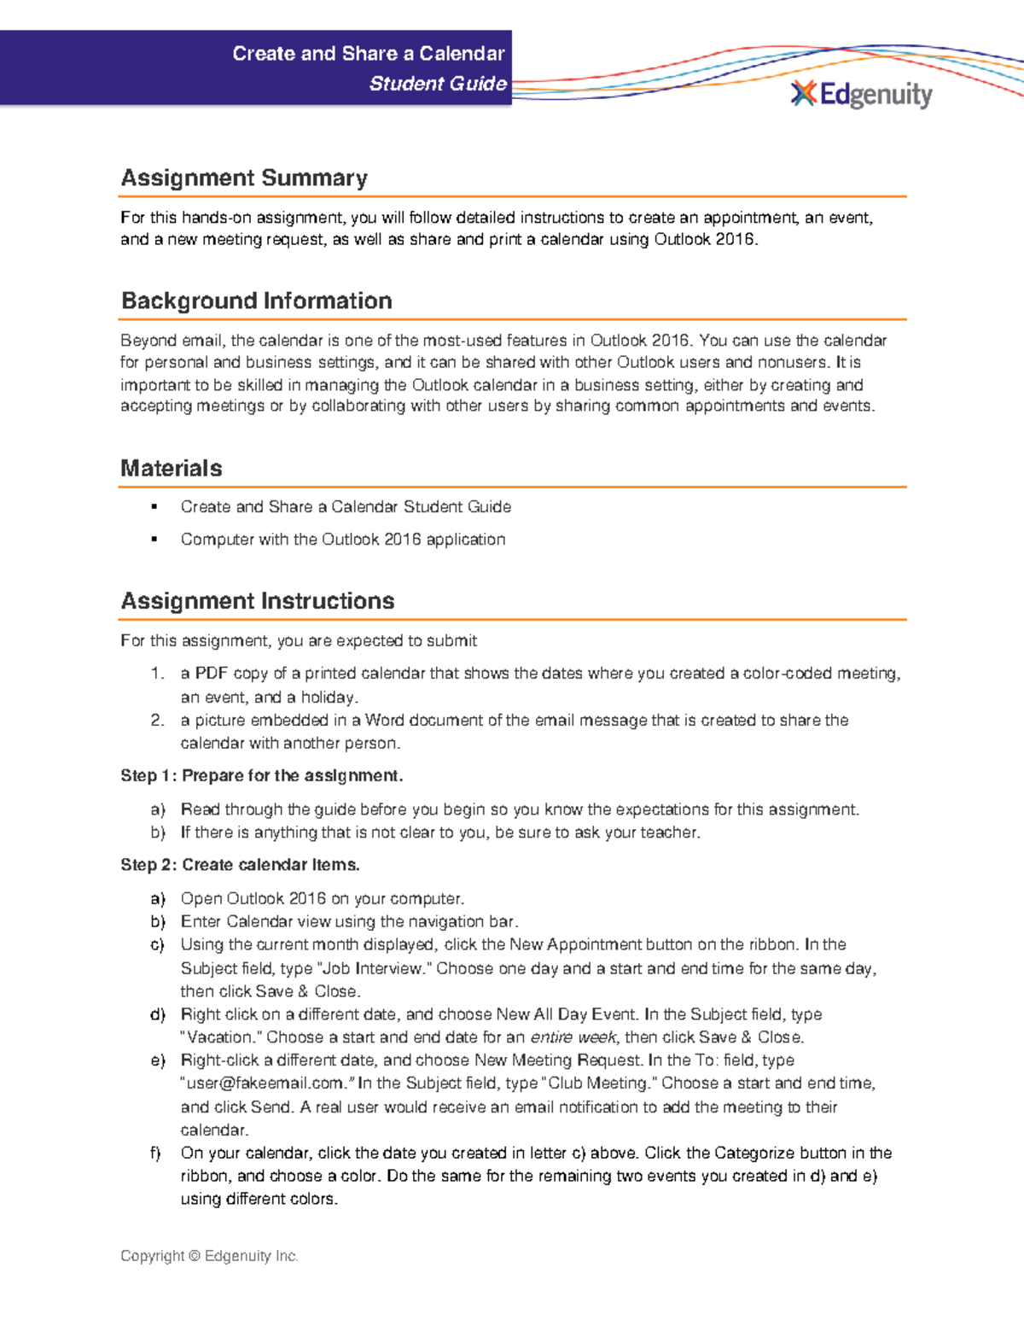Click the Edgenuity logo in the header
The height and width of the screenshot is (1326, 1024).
tap(862, 94)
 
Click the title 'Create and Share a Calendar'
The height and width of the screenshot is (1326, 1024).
tap(368, 54)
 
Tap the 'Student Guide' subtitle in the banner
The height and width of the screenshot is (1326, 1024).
tap(438, 84)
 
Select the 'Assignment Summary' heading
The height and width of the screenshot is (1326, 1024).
tap(244, 178)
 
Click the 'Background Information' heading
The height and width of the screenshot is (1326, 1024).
tap(256, 301)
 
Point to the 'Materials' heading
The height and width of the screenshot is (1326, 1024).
tap(171, 468)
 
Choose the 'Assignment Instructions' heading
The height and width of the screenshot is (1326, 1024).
tap(257, 601)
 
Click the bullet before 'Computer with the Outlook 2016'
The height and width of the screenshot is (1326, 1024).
tap(154, 540)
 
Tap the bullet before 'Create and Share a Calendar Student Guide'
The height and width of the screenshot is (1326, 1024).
tap(154, 507)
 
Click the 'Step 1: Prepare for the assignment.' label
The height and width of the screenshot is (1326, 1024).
tap(261, 776)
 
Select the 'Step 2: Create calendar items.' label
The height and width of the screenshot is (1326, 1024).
tap(240, 865)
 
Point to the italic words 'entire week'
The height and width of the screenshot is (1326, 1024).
tap(573, 1037)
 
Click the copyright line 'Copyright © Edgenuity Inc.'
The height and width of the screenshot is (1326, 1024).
tap(209, 1256)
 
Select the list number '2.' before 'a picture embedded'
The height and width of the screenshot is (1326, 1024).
tap(157, 721)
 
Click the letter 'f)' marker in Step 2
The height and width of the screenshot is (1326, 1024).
tap(156, 1153)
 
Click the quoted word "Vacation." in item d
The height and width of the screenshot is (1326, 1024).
tap(221, 1037)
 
